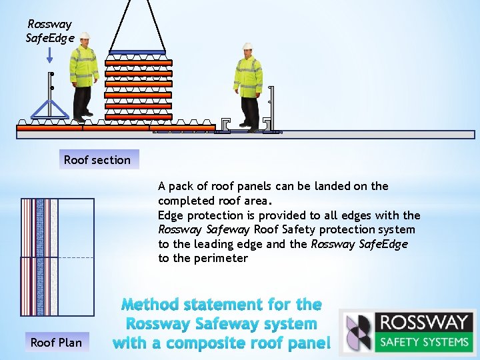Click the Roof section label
[x=97, y=159]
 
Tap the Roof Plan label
[x=56, y=343]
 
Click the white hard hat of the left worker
[x=84, y=36]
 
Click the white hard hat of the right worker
[x=248, y=46]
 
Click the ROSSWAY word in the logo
[x=424, y=323]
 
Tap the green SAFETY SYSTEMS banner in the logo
[x=424, y=342]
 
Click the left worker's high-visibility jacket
[x=84, y=66]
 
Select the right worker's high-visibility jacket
[x=247, y=77]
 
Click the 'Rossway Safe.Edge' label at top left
[x=49, y=31]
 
